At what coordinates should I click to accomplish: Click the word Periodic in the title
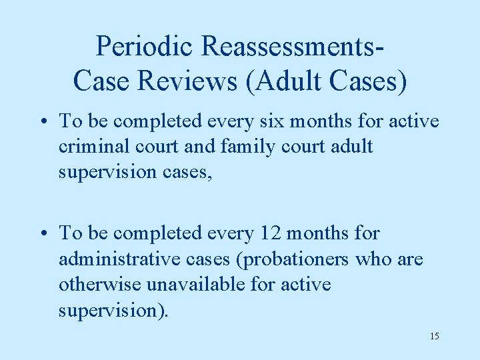coord(144,46)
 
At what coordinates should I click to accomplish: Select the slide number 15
coord(434,335)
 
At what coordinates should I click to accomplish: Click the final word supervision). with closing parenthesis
coord(113,310)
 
